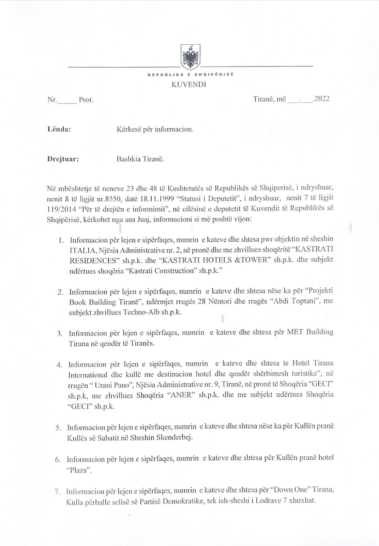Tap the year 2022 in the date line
321,99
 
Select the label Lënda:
59,129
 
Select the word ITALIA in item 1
80,250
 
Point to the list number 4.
59,364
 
